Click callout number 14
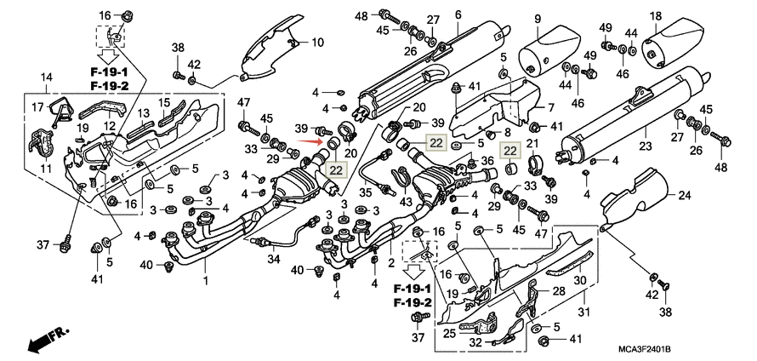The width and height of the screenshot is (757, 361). click(x=46, y=77)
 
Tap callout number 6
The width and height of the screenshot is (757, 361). click(x=458, y=14)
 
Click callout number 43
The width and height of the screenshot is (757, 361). click(x=405, y=200)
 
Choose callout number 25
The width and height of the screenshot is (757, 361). click(x=449, y=333)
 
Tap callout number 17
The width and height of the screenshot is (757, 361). click(x=37, y=107)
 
